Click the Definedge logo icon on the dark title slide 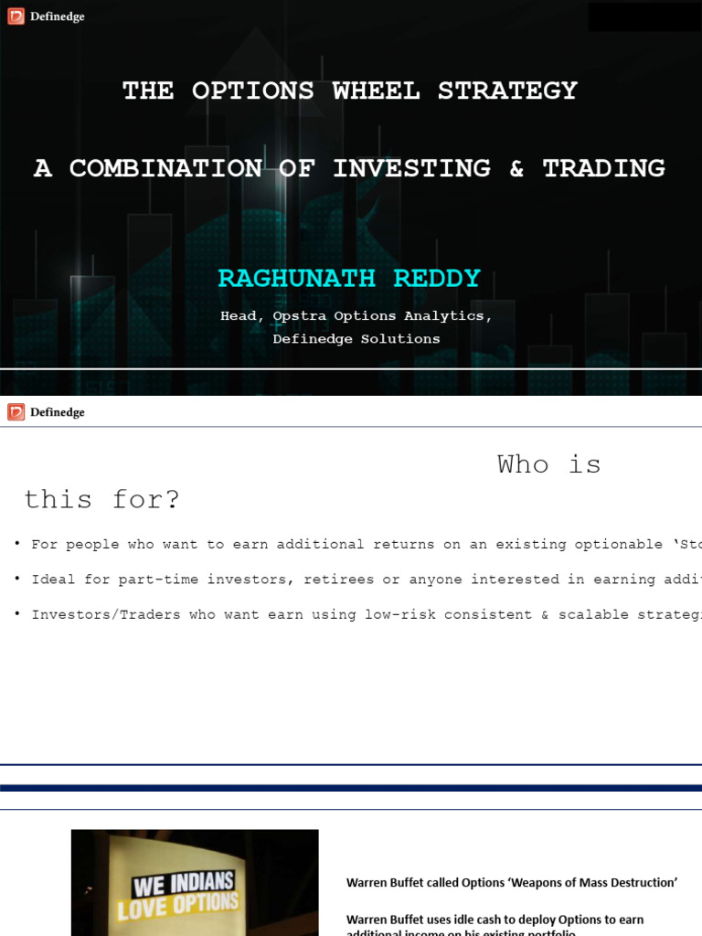click(x=16, y=16)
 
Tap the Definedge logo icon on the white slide click(x=16, y=412)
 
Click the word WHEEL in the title click(x=376, y=90)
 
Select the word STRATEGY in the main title click(x=507, y=90)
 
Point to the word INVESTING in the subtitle click(x=411, y=168)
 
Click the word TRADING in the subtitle click(x=603, y=168)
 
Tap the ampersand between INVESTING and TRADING click(x=516, y=168)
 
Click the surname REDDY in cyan click(x=437, y=279)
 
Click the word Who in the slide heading click(x=523, y=464)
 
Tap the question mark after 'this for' click(x=172, y=500)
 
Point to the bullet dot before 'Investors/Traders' click(x=17, y=613)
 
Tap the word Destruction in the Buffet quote click(x=640, y=883)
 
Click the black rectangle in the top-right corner click(x=644, y=16)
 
